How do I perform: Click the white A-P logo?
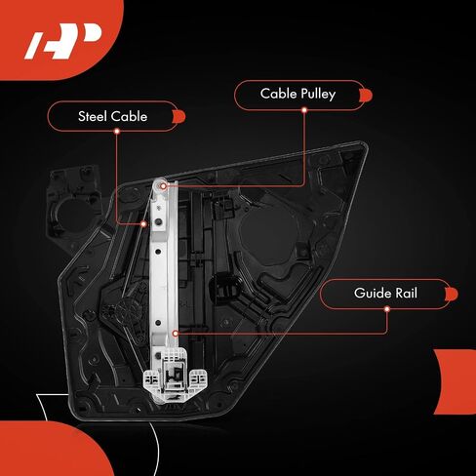(63, 41)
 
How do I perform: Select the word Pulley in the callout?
(318, 95)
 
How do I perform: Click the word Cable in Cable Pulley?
(279, 94)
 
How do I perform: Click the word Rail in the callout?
(406, 293)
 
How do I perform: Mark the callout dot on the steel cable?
(143, 224)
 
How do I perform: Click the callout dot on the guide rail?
(176, 334)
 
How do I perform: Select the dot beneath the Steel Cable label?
(117, 132)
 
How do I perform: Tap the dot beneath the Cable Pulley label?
(304, 110)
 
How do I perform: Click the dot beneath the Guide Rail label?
(387, 308)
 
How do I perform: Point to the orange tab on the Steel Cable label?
(178, 117)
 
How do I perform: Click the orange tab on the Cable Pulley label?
(366, 96)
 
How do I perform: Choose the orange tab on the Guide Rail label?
(452, 294)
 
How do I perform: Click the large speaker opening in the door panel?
(269, 233)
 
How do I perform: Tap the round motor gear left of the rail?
(125, 309)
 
